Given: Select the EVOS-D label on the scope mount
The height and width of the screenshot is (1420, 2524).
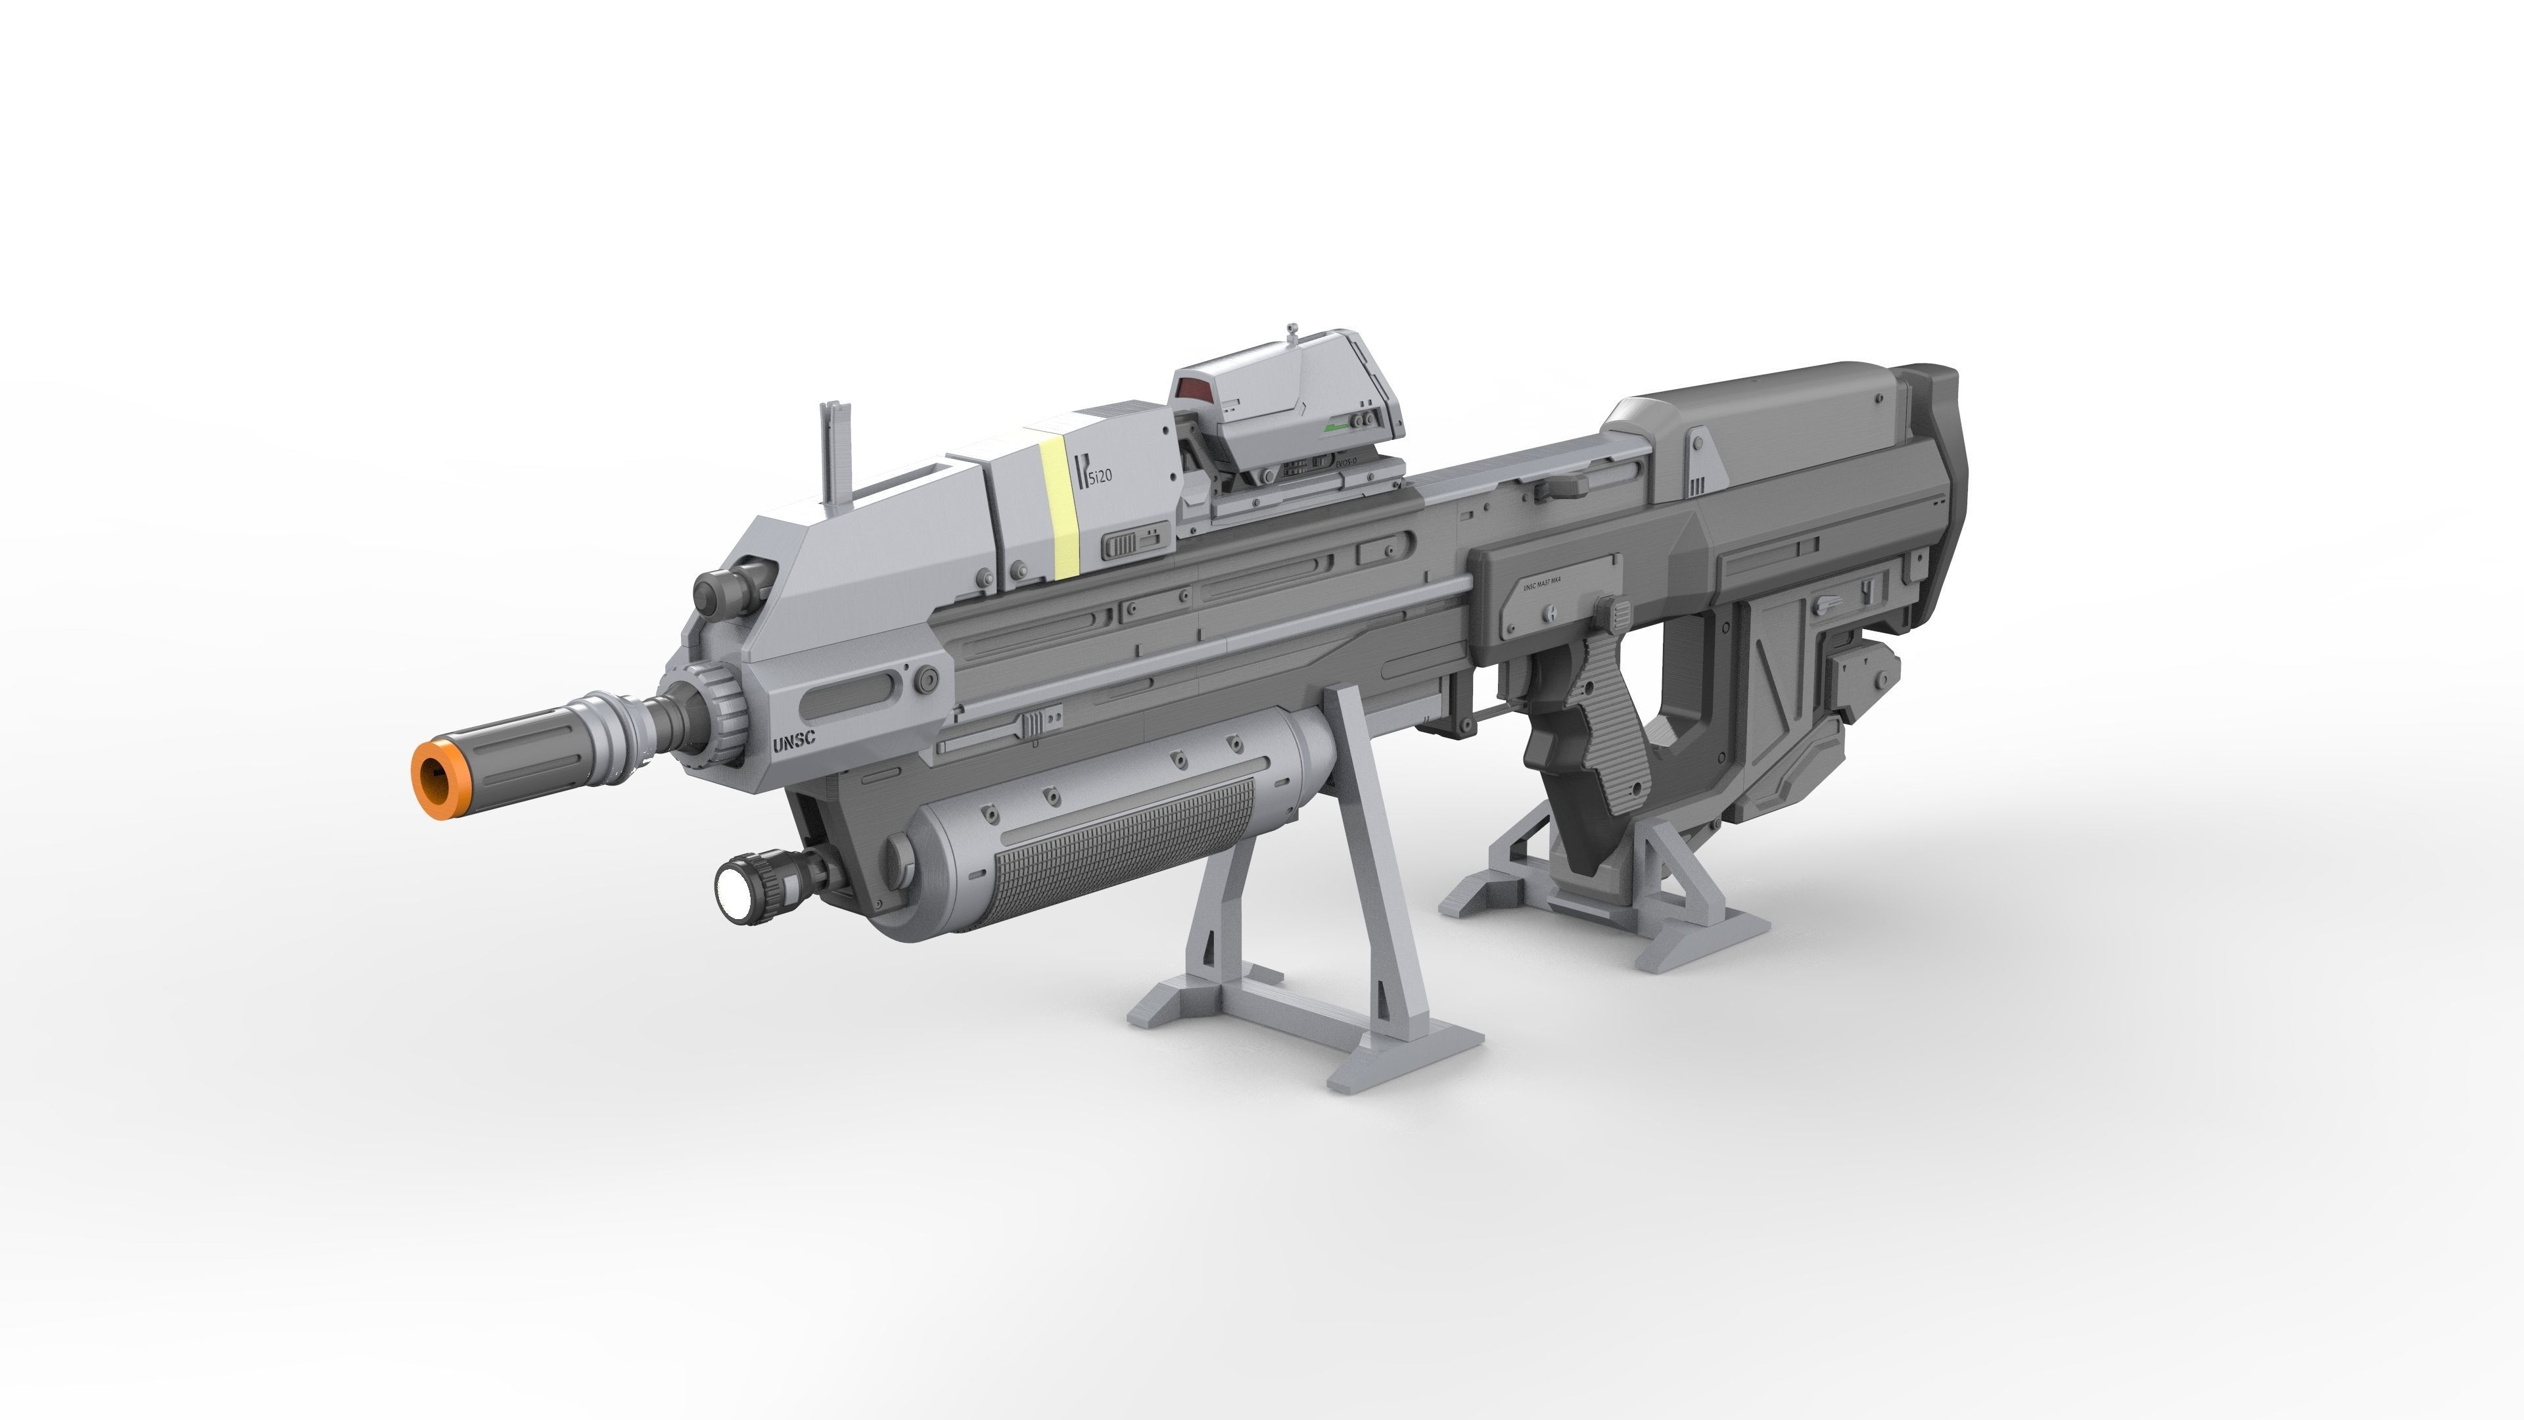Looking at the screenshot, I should tap(1351, 461).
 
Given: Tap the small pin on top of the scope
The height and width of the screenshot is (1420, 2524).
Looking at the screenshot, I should tap(1294, 329).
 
